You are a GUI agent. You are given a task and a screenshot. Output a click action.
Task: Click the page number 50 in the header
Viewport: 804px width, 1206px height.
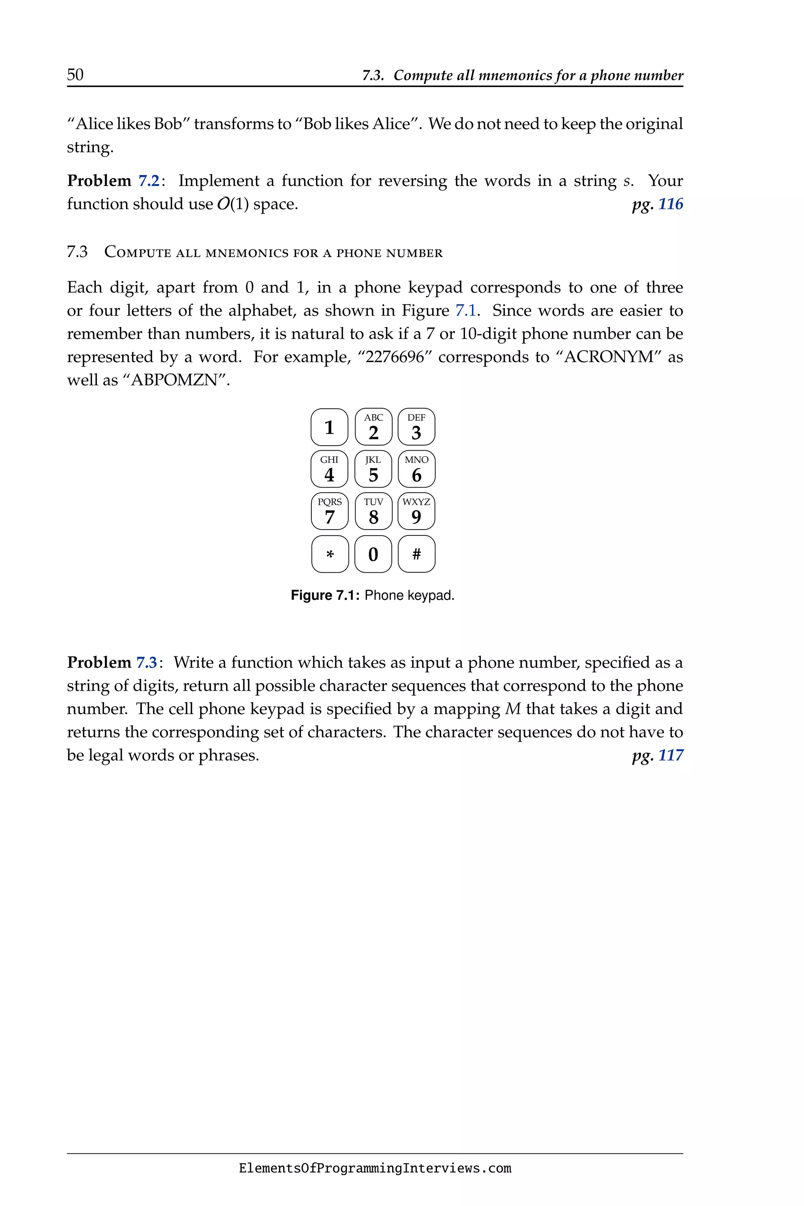coord(75,75)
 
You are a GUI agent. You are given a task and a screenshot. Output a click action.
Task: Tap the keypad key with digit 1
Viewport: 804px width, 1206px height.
coord(329,427)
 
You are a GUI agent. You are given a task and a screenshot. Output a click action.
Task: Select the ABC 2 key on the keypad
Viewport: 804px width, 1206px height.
coord(373,427)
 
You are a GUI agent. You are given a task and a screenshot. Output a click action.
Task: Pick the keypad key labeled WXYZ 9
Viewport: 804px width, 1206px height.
coord(417,511)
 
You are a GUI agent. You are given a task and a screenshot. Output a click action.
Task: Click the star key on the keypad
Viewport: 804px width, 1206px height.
coord(330,554)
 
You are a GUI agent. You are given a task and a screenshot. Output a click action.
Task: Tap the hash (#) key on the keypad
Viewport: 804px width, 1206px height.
coord(417,554)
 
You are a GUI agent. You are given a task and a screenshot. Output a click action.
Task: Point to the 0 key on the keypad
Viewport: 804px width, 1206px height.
coord(373,554)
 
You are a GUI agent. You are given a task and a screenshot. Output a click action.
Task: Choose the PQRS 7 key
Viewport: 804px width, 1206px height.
coord(330,511)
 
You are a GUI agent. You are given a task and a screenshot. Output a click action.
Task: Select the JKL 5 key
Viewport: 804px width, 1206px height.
coord(373,469)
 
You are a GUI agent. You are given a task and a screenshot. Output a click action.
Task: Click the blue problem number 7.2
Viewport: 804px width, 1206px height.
coord(149,181)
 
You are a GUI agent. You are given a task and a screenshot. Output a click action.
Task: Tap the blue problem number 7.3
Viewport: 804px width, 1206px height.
coord(147,663)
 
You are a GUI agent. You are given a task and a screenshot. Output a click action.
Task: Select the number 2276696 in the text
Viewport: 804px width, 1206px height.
coord(395,357)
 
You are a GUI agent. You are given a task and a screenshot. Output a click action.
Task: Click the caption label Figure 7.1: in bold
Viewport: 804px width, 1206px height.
coord(325,595)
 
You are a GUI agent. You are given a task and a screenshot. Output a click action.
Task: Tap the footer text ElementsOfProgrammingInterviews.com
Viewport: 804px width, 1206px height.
coord(375,1169)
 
